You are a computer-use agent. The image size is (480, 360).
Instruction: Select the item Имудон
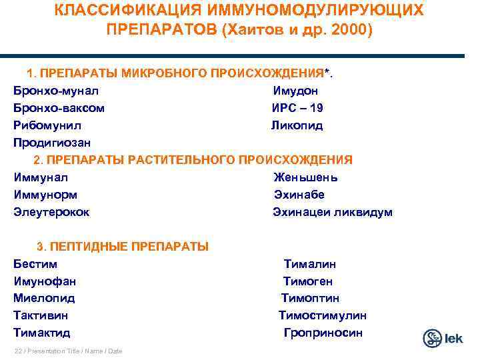[x=295, y=91]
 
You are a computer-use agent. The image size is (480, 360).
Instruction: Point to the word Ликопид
[x=296, y=125]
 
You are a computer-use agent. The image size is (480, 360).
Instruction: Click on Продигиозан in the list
[x=52, y=143]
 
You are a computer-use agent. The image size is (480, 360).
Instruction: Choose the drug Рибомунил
[x=48, y=125]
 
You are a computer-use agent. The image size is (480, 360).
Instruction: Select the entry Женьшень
[x=305, y=177]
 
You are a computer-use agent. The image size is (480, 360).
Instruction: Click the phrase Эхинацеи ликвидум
[x=333, y=212]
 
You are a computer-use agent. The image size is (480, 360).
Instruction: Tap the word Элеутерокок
[x=51, y=212]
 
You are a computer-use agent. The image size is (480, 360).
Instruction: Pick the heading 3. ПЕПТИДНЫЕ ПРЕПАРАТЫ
[x=123, y=247]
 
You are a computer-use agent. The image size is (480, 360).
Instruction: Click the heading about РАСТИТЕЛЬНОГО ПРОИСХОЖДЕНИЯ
[x=193, y=160]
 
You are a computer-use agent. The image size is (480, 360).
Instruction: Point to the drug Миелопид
[x=44, y=298]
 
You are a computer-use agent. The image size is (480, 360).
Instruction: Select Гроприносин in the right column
[x=323, y=333]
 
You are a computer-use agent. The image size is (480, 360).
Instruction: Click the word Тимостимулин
[x=322, y=315]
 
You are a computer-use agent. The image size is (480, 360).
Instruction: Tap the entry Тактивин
[x=40, y=315]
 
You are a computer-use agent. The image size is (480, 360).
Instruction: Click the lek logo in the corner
[x=442, y=338]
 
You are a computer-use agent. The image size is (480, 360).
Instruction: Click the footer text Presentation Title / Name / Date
[x=68, y=351]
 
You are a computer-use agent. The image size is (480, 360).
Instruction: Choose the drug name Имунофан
[x=45, y=281]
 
